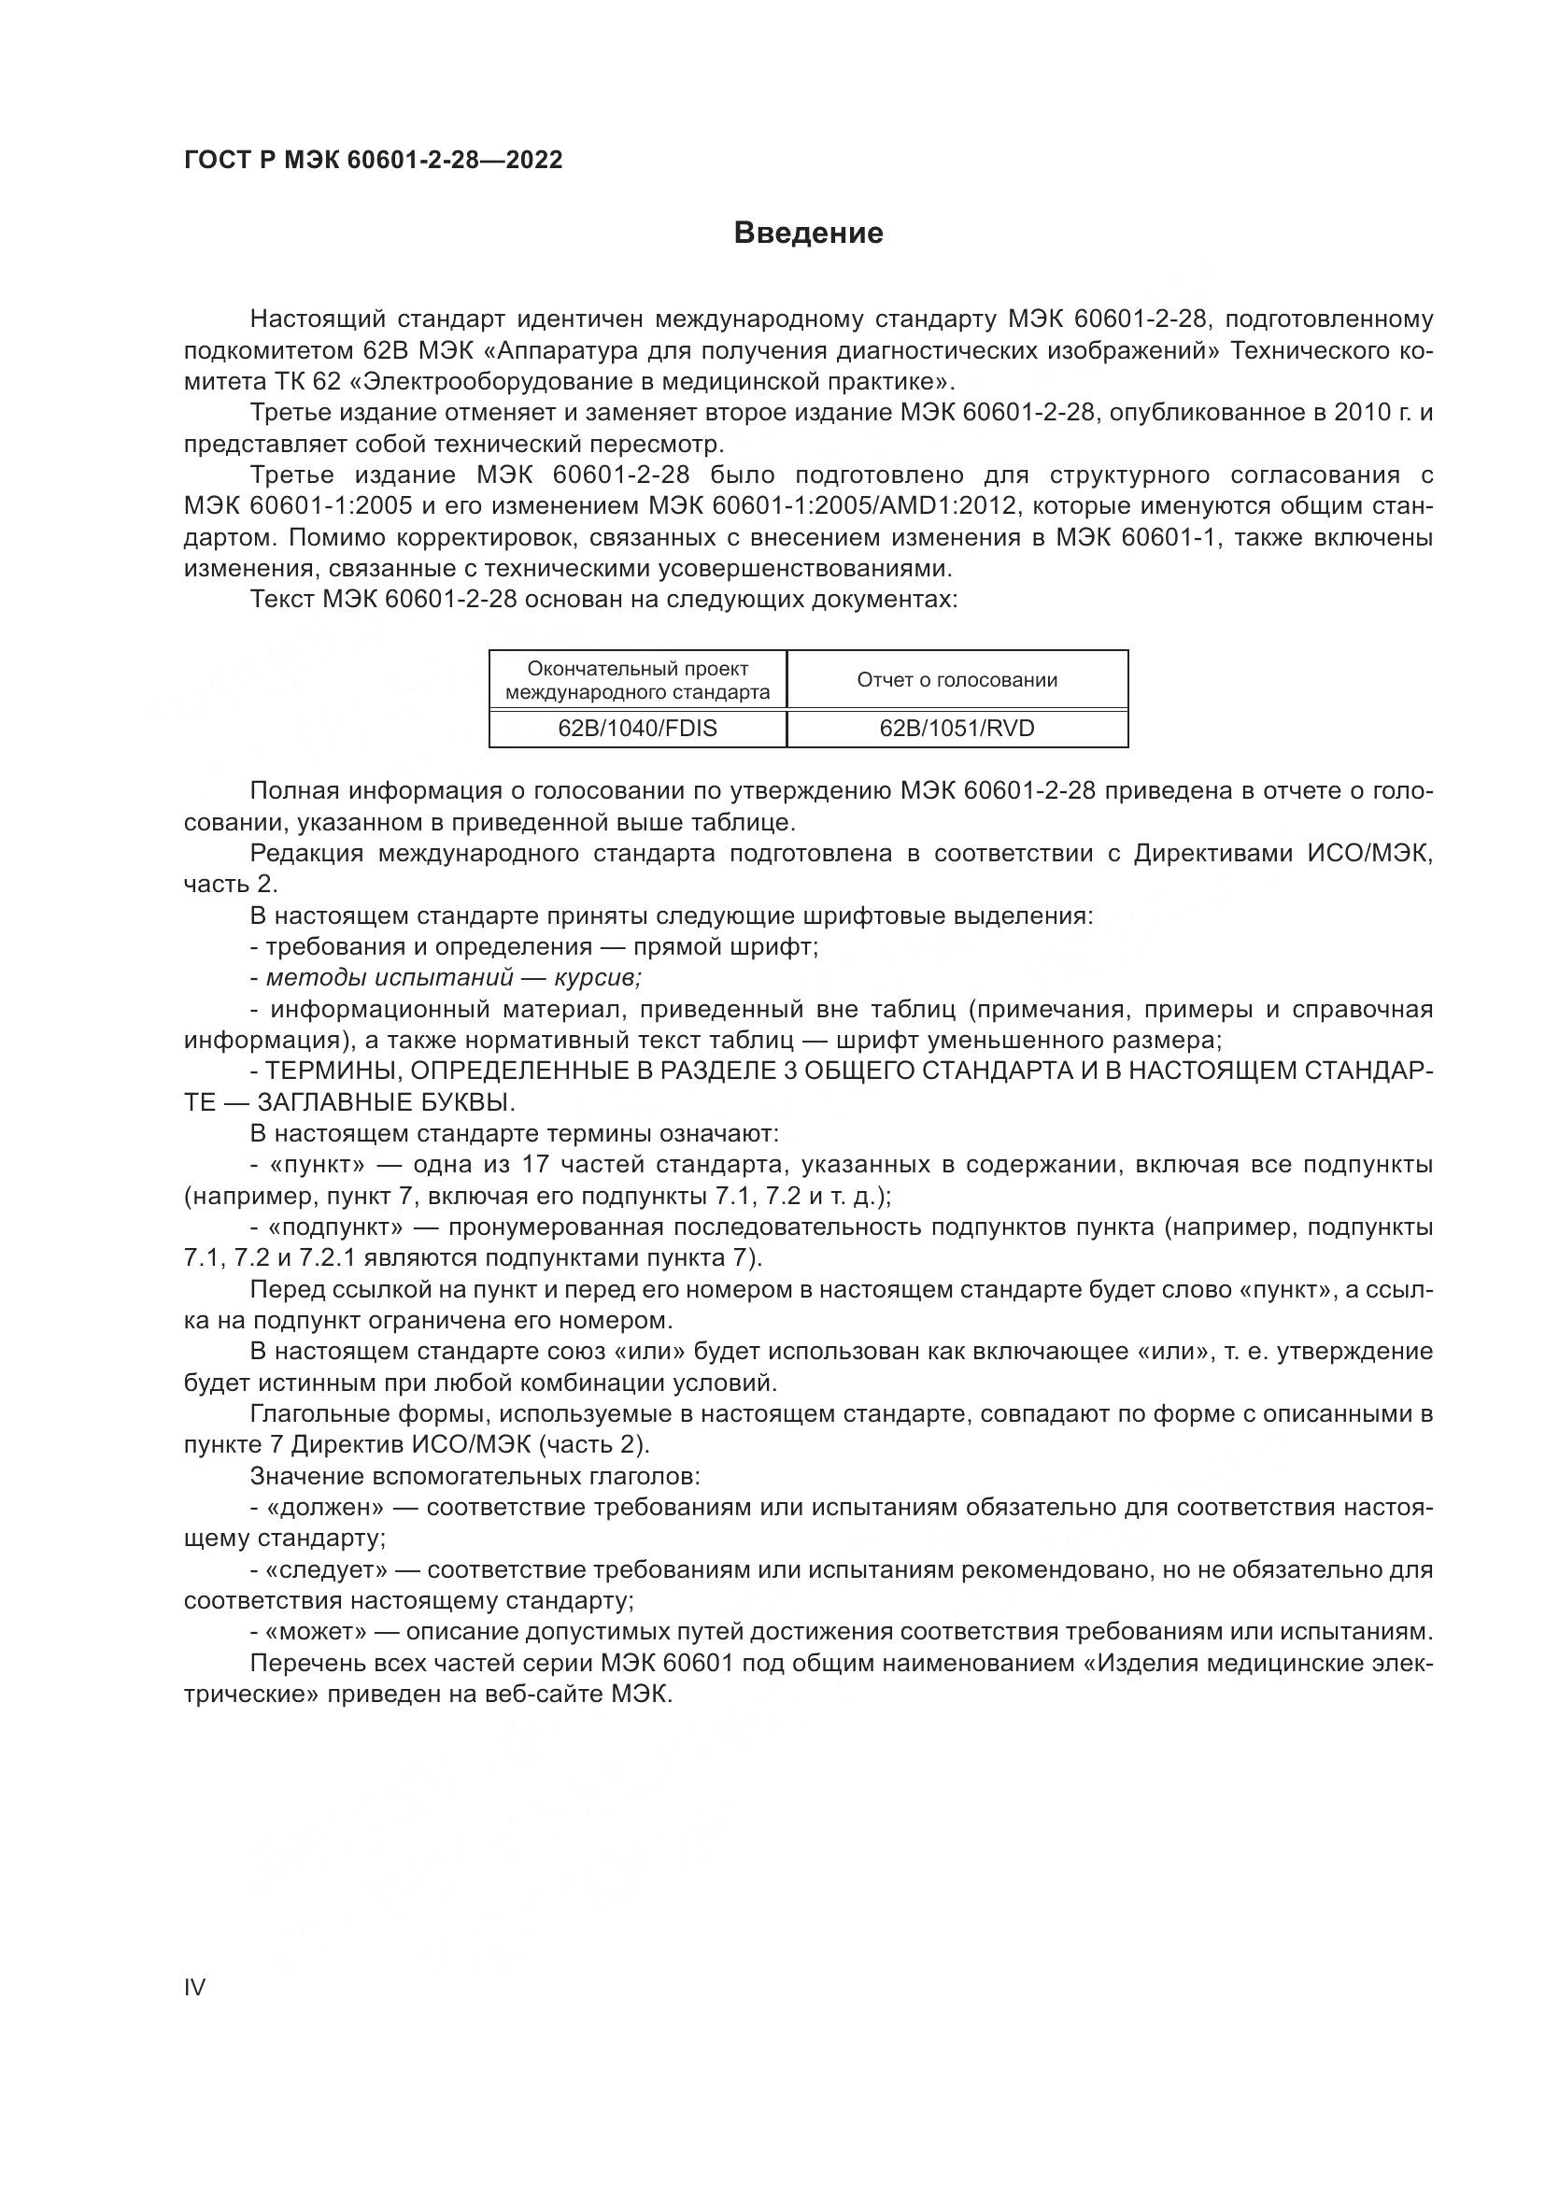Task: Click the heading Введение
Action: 808,234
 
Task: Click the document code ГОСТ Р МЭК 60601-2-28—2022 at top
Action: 373,160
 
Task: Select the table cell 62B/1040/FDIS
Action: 637,728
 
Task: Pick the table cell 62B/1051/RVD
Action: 957,728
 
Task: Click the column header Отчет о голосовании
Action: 957,679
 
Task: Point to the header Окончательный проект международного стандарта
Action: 637,679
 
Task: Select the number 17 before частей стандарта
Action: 535,1164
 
